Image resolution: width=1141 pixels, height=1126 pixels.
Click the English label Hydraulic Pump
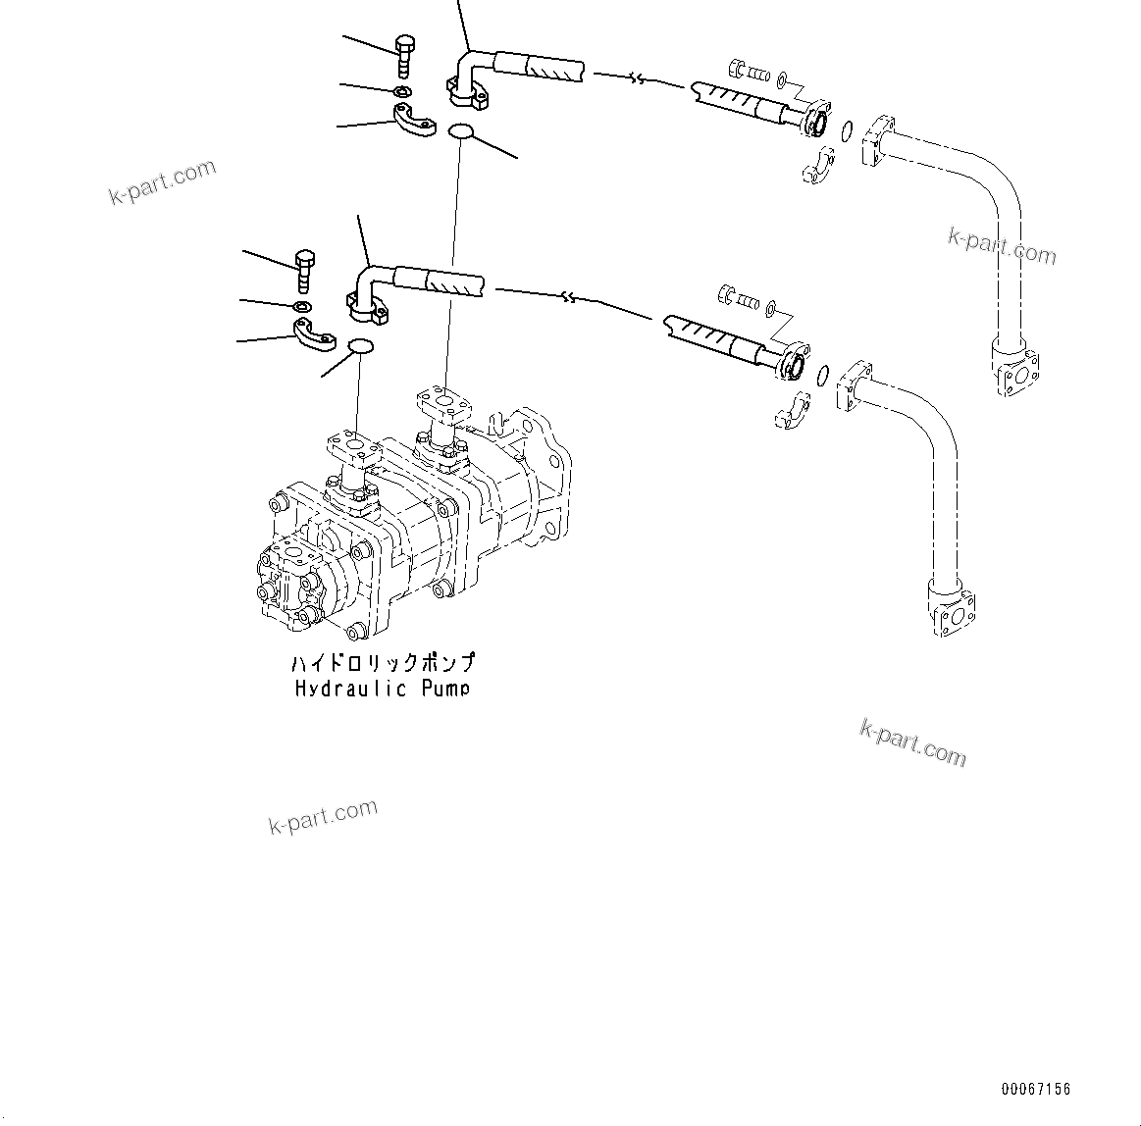382,689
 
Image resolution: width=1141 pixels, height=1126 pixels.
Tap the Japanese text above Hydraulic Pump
383,663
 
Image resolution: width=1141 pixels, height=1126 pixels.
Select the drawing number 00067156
1036,1089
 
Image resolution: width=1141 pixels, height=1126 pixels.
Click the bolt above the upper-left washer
404,55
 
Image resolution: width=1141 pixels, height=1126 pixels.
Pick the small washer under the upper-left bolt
402,91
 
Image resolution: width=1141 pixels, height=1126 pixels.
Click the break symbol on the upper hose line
639,78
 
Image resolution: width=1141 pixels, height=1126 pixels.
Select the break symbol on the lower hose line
567,296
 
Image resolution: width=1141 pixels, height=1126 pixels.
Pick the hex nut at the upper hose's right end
738,69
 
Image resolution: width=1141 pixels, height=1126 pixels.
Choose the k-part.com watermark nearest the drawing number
912,742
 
